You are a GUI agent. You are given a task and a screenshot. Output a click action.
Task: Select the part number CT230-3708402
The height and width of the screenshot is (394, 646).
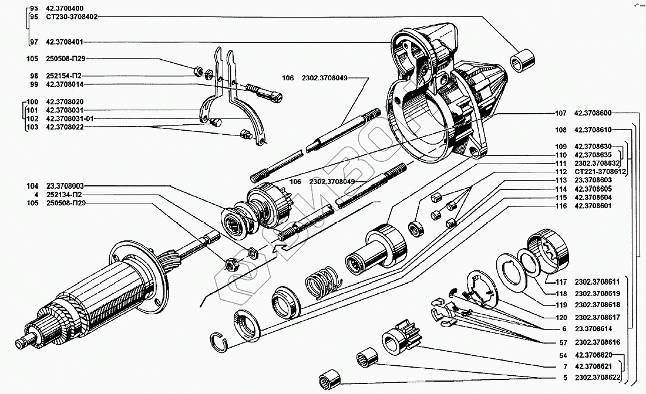[71, 17]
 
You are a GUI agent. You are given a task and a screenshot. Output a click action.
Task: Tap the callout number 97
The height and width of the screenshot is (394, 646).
[32, 42]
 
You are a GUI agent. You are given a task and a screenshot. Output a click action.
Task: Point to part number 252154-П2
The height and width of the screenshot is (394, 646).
[64, 76]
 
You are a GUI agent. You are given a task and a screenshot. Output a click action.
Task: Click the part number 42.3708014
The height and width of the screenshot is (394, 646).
[64, 84]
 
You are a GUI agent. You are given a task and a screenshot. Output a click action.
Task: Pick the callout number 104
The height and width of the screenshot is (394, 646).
[32, 185]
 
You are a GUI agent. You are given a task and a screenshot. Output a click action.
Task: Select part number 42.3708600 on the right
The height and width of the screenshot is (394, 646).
[593, 113]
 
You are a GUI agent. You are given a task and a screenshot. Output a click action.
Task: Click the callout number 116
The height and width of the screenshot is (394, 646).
[560, 206]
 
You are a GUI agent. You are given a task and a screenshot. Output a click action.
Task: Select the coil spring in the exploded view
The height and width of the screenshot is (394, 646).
[322, 281]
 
